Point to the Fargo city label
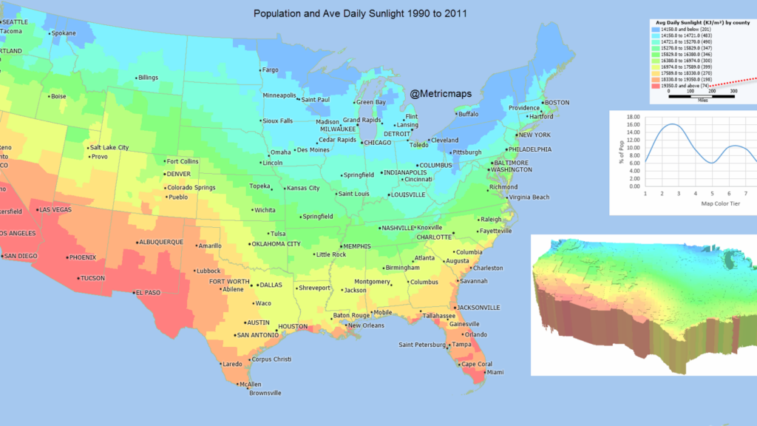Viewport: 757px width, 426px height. tap(270, 70)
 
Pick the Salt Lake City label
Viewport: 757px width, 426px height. tap(109, 147)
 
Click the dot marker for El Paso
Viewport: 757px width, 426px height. tap(133, 292)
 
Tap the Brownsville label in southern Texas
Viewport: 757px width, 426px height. tap(265, 393)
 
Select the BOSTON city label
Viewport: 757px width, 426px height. tap(557, 102)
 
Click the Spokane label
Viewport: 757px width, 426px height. tap(64, 33)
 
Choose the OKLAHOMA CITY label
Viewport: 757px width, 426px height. tap(276, 243)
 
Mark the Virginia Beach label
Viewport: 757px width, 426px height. tap(529, 197)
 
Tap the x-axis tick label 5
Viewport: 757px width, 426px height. tap(712, 194)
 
